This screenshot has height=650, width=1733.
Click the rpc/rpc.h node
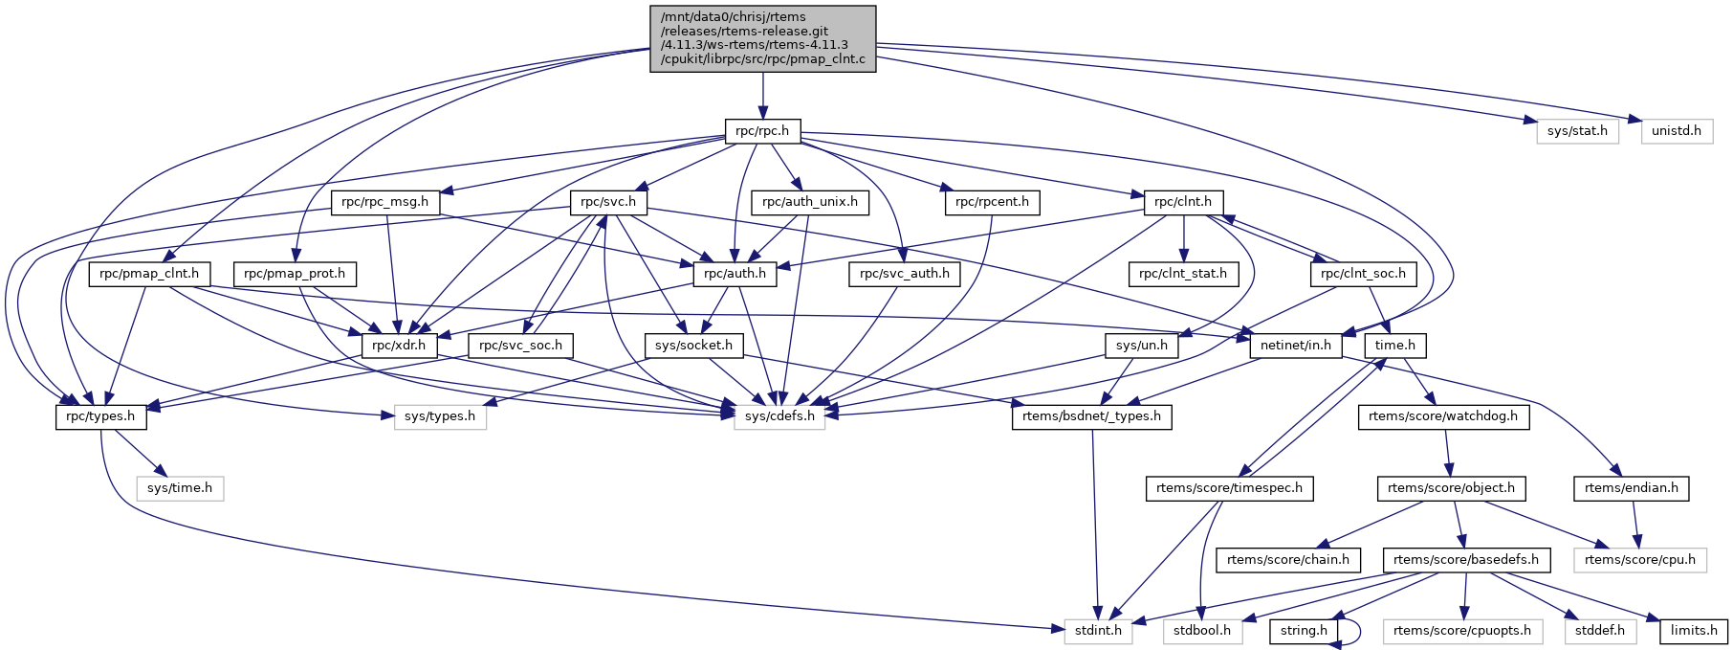coord(762,131)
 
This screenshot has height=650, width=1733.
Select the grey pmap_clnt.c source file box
coord(762,38)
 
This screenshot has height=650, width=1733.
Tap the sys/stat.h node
coord(1577,131)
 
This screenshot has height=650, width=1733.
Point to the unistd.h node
coord(1677,131)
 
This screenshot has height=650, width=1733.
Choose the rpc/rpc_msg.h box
coord(385,203)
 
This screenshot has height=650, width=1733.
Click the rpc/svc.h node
coord(608,203)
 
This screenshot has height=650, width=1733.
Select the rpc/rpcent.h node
coord(992,203)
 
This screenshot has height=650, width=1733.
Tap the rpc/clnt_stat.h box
coord(1183,274)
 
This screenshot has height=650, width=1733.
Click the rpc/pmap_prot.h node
coord(295,274)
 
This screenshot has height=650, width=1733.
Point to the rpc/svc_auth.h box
coord(905,274)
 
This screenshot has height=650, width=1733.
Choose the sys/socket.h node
coord(693,346)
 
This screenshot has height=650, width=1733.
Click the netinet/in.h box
coord(1296,346)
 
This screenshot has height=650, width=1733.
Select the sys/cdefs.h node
coord(779,416)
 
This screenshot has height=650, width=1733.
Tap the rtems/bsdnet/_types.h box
coord(1091,416)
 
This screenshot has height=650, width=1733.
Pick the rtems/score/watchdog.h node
coord(1442,416)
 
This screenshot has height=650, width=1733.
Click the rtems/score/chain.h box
coord(1287,560)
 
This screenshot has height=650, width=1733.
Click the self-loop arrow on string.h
coord(1356,631)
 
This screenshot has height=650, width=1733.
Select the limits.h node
coord(1694,631)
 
